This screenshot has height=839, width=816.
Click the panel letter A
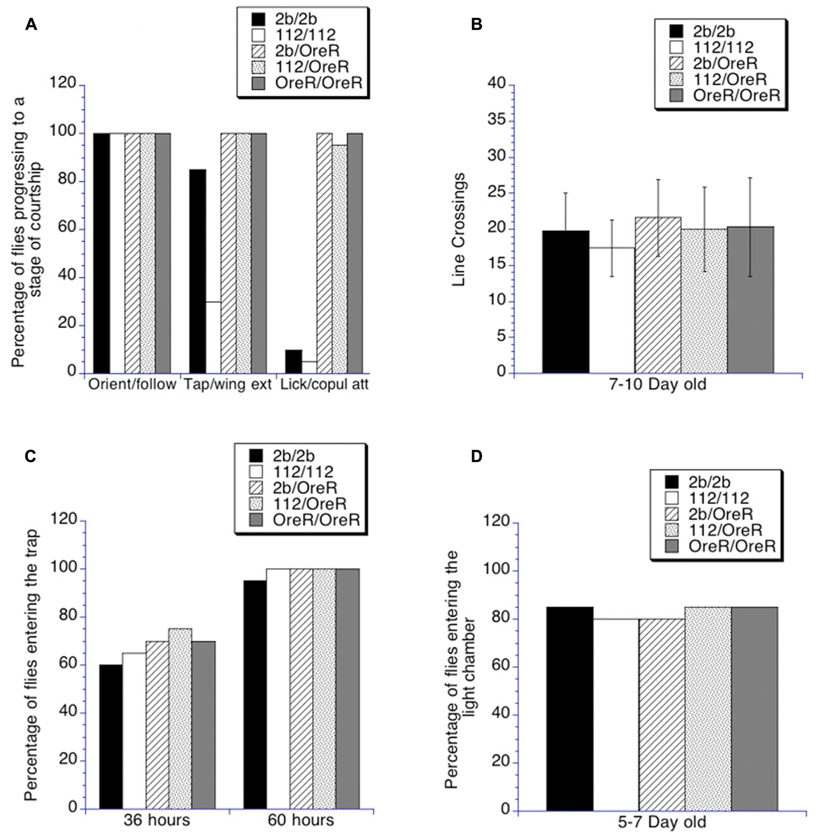[31, 24]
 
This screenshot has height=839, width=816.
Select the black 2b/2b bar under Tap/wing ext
[197, 270]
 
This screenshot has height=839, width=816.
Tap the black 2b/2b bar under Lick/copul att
[294, 361]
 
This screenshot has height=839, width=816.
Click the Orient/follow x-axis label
[132, 384]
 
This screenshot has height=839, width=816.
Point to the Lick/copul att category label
[324, 384]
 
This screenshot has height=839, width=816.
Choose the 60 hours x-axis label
[301, 820]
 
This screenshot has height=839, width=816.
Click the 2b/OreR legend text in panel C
[305, 487]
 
